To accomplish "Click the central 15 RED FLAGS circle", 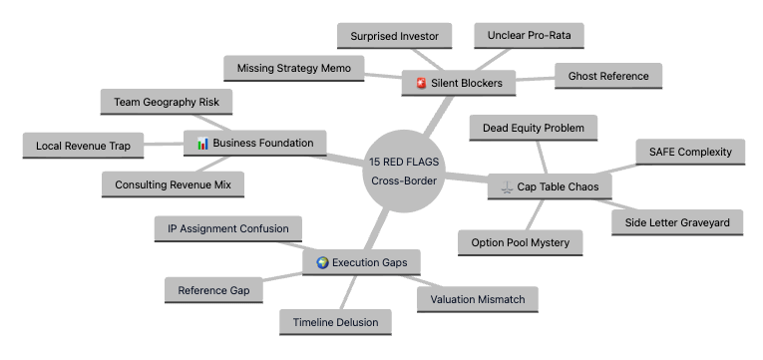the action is pyautogui.click(x=404, y=171).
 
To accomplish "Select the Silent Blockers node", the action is pyautogui.click(x=459, y=83).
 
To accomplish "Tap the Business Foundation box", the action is pyautogui.click(x=255, y=143).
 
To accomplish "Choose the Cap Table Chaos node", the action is pyautogui.click(x=550, y=186).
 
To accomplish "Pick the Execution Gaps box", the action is pyautogui.click(x=361, y=262).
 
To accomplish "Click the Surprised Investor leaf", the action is pyautogui.click(x=394, y=36).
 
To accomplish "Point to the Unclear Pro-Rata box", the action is pyautogui.click(x=529, y=36).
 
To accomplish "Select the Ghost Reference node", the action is pyautogui.click(x=608, y=76).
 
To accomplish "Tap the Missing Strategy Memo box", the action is pyautogui.click(x=294, y=68).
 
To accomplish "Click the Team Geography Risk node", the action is pyautogui.click(x=167, y=102).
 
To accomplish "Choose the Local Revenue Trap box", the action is pyautogui.click(x=83, y=146).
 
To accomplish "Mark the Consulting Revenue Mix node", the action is pyautogui.click(x=173, y=184).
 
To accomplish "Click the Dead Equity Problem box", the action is pyautogui.click(x=534, y=128).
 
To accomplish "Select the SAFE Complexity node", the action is pyautogui.click(x=690, y=152).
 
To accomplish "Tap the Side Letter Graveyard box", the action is pyautogui.click(x=677, y=222).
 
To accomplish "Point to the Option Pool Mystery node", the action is pyautogui.click(x=521, y=242).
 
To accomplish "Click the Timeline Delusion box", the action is pyautogui.click(x=335, y=322).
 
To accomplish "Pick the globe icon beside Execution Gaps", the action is pyautogui.click(x=322, y=262).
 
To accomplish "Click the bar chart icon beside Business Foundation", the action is pyautogui.click(x=202, y=143).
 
